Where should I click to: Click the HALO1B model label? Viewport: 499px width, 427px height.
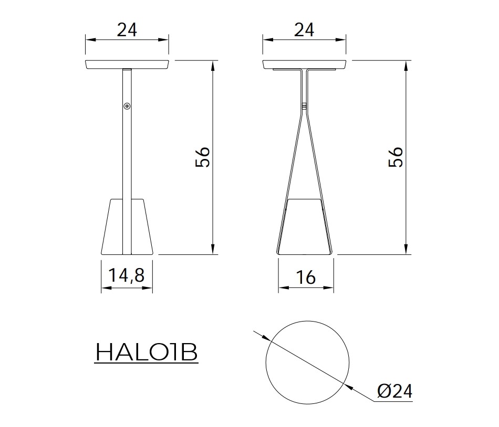pos(147,352)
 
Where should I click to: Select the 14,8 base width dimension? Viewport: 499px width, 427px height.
pos(127,275)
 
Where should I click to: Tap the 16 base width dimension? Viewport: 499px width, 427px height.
pos(306,277)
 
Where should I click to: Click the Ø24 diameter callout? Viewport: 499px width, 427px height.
pos(394,391)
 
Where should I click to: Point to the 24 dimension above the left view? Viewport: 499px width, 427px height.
pos(127,30)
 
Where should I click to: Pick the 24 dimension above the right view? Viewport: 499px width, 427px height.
pos(304,30)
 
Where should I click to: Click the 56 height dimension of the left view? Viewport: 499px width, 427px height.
pos(203,157)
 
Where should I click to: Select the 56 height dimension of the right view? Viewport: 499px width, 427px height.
pos(396,157)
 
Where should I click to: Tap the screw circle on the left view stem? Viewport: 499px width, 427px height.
pos(127,106)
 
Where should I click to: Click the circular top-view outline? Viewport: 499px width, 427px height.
pos(266,362)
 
